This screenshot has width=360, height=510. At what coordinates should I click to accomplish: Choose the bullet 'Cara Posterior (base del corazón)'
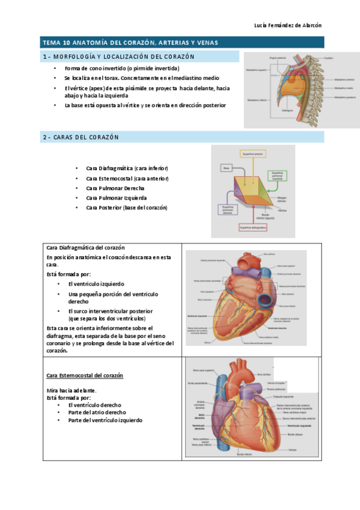[x=127, y=207]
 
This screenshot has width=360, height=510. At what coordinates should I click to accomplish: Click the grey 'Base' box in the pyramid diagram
[x=227, y=168]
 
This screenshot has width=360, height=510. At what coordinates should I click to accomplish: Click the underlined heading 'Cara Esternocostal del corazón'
[x=85, y=375]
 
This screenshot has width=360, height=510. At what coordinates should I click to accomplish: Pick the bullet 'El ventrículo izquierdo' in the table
[x=96, y=283]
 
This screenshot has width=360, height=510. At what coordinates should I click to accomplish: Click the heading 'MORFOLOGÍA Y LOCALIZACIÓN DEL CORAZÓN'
[x=124, y=57]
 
